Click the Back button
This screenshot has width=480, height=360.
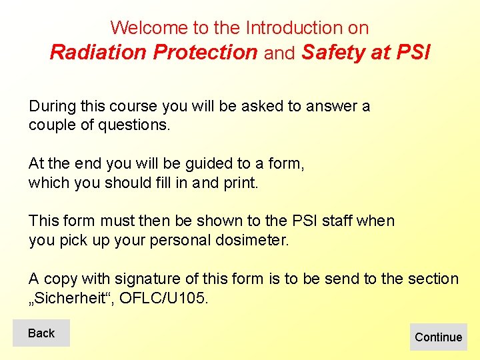pos(41,333)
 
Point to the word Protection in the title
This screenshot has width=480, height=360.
pos(205,52)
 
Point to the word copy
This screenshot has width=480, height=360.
pos(59,278)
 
